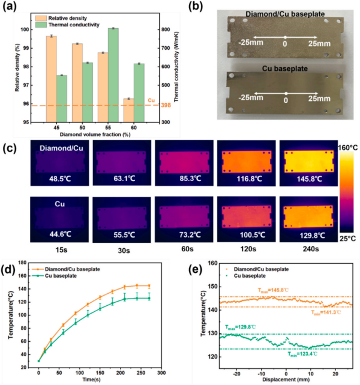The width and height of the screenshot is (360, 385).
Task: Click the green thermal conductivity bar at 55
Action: (x=113, y=75)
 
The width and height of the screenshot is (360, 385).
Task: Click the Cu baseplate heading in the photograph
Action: (x=285, y=69)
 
